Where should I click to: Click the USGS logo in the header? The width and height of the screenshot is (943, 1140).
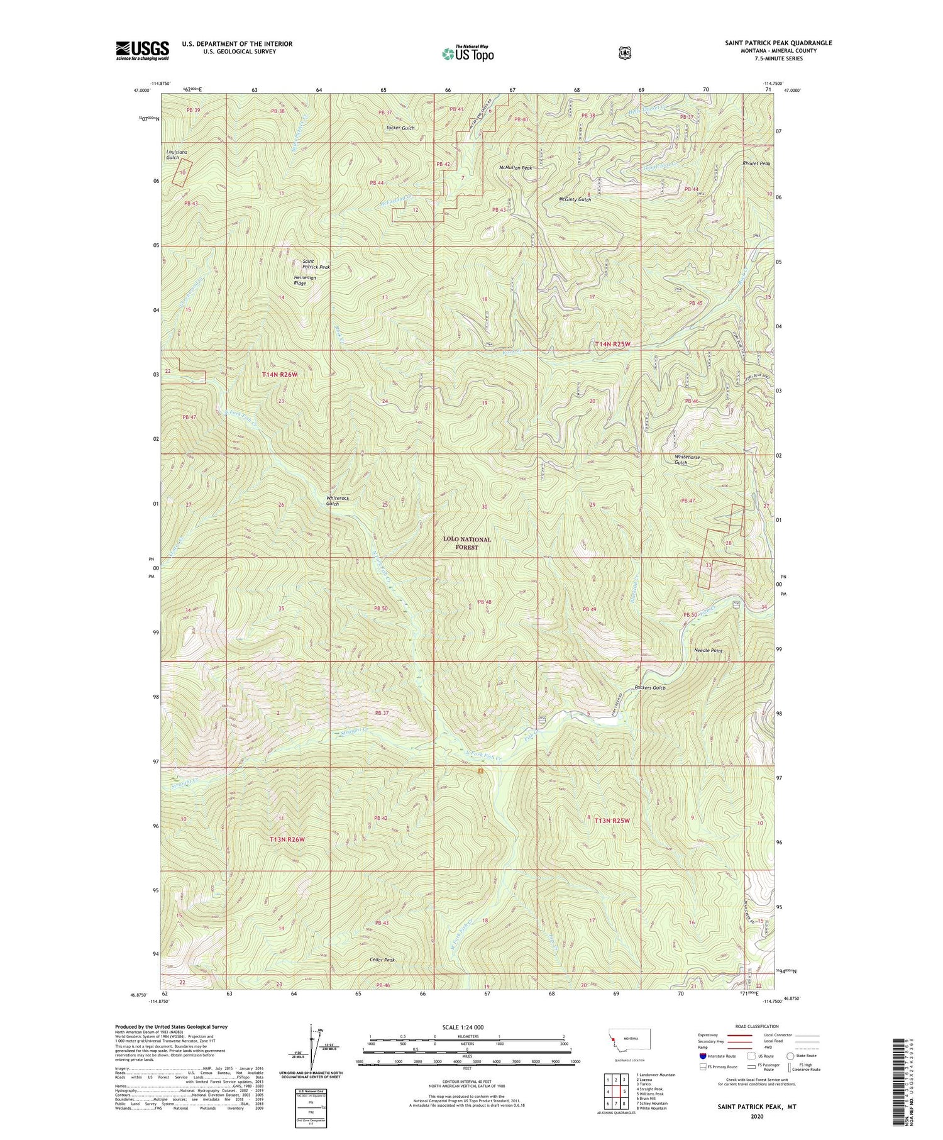tap(142, 50)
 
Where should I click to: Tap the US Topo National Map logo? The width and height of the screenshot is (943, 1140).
tap(468, 53)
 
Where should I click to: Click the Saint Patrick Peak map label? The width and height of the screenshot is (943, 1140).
tap(316, 264)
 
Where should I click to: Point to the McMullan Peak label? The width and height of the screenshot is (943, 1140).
tap(516, 168)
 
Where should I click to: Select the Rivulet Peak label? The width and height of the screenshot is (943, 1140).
tap(756, 163)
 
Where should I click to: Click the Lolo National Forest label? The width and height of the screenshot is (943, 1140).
tap(466, 543)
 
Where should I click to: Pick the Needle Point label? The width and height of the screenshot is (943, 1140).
tap(708, 651)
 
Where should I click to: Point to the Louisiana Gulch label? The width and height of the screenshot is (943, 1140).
tap(177, 155)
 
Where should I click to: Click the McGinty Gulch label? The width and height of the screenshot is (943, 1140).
tap(575, 199)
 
